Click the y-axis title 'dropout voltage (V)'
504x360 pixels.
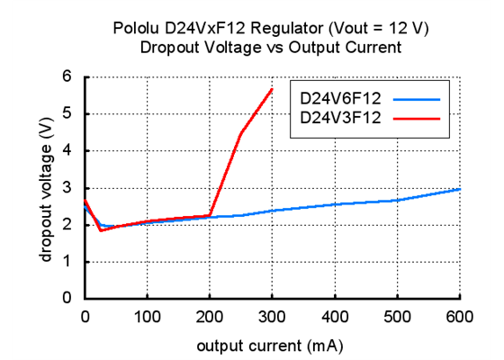(x=44, y=186)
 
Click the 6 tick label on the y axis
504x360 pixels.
(x=66, y=77)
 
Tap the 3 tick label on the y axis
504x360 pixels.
(x=66, y=188)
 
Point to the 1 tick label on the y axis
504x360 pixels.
(x=66, y=262)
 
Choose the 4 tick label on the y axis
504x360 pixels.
(x=66, y=151)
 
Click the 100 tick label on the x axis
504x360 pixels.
(x=147, y=316)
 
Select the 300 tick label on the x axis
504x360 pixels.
(x=272, y=316)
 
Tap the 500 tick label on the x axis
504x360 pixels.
(x=397, y=316)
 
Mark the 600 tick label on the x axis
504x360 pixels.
(x=459, y=316)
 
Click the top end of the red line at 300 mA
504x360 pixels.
(x=272, y=88)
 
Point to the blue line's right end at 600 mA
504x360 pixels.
(x=459, y=189)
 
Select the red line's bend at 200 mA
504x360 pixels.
(x=210, y=215)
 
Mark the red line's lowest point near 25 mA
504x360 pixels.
(x=101, y=230)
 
